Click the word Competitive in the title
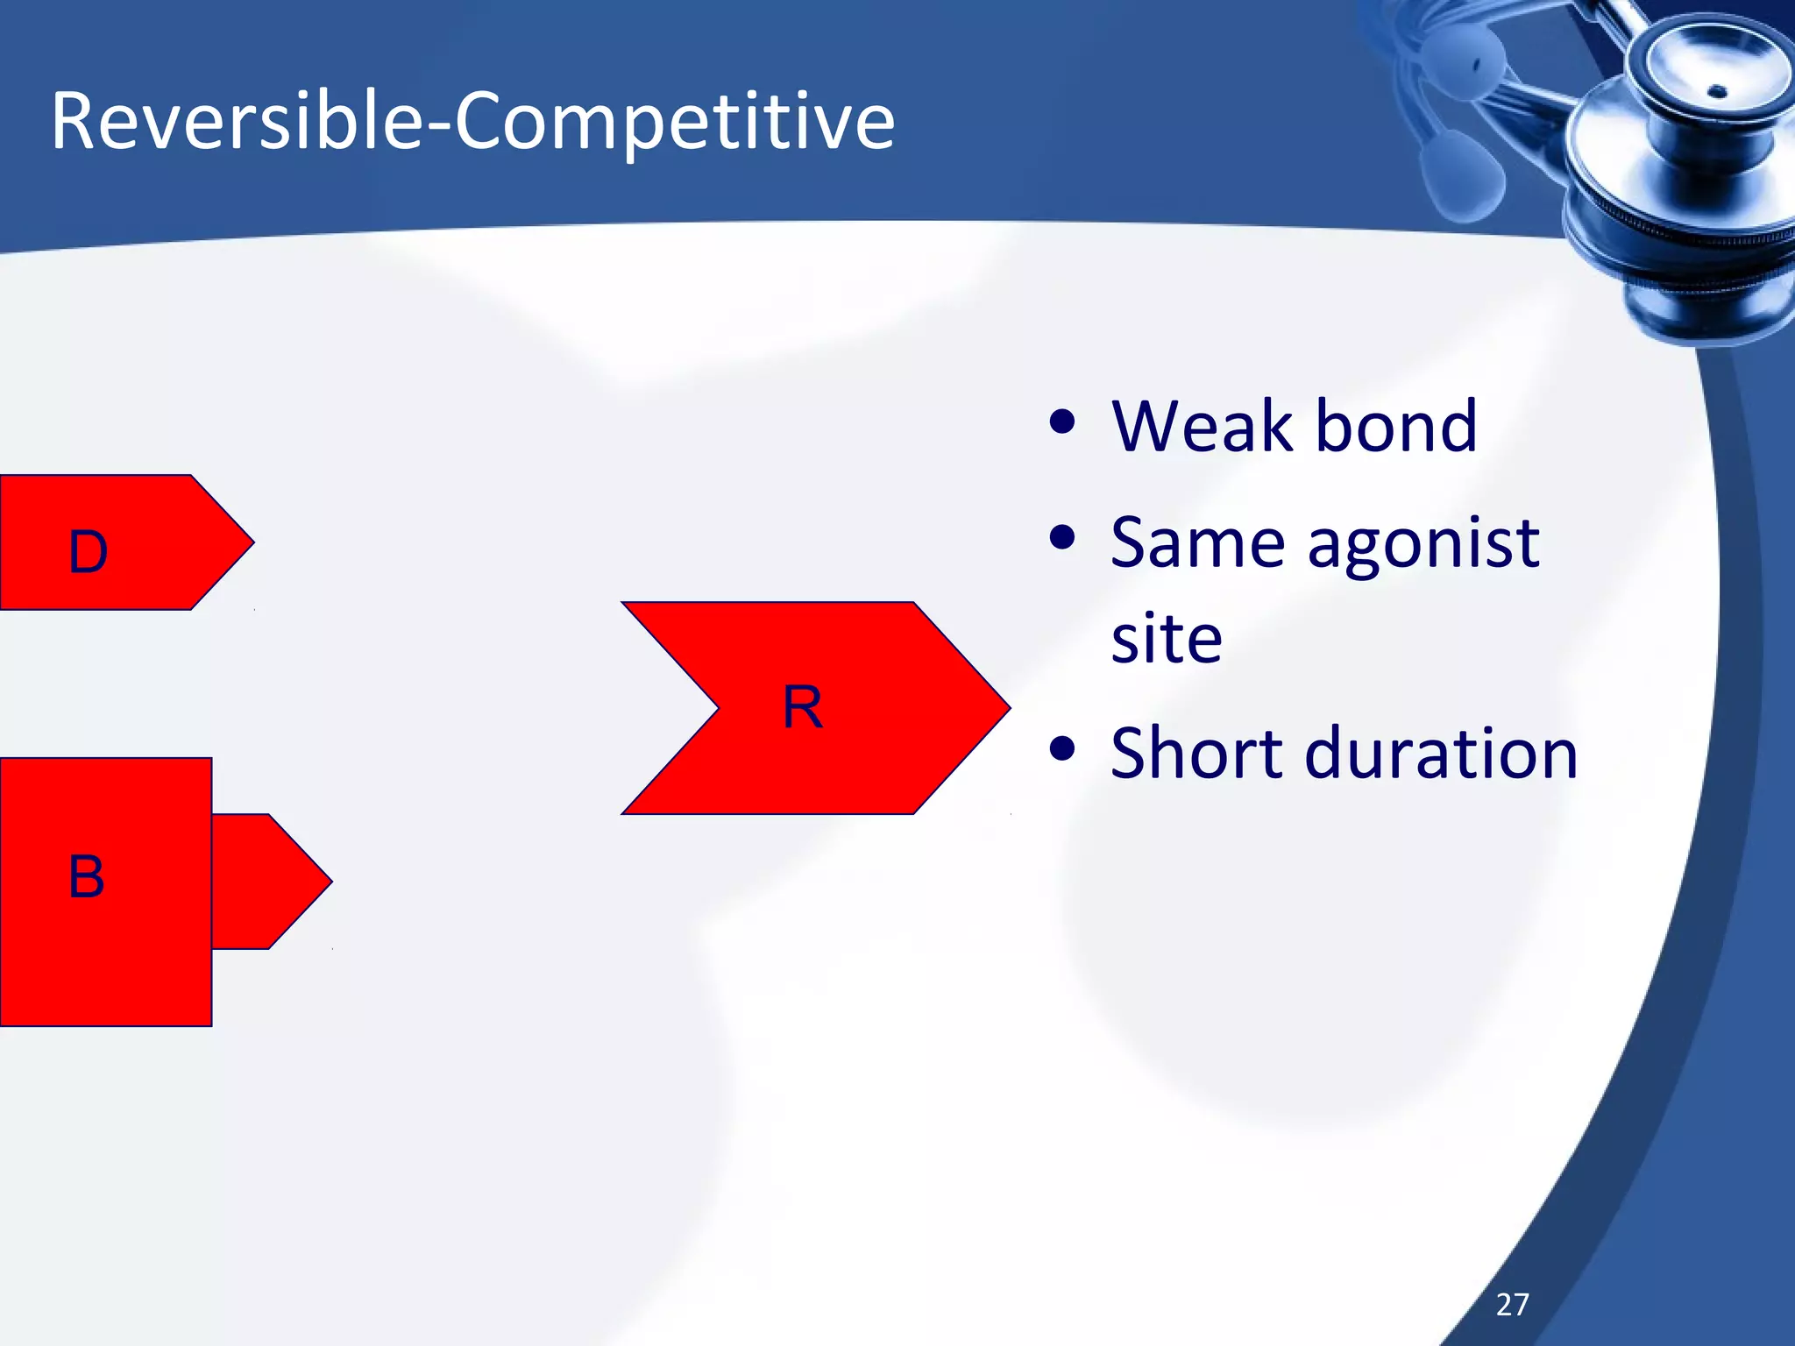tap(674, 123)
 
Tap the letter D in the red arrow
tap(88, 552)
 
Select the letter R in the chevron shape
tap(802, 707)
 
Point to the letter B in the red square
tap(86, 876)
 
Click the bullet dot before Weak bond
tap(1061, 422)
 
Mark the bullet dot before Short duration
tap(1061, 748)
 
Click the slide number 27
tap(1512, 1304)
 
